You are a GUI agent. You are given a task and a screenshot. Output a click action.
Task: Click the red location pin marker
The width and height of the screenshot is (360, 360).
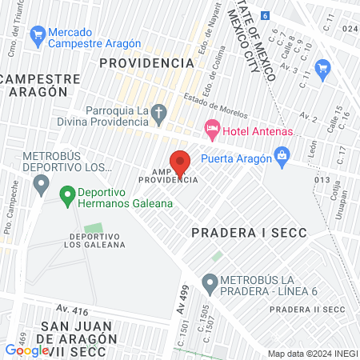[180, 162]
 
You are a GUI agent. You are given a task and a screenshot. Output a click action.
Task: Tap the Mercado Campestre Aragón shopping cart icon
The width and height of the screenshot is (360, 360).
[36, 34]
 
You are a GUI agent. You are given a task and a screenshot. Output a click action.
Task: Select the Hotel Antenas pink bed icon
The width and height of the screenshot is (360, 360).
[212, 128]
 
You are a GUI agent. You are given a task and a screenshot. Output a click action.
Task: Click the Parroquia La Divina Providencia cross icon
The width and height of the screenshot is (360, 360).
[159, 114]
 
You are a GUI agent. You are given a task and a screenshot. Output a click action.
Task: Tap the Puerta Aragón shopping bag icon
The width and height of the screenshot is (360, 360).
[281, 155]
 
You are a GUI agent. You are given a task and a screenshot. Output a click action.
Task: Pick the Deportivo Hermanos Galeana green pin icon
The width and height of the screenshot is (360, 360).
[67, 194]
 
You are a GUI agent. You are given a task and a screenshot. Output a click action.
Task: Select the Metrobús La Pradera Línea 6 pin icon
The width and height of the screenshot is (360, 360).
[210, 282]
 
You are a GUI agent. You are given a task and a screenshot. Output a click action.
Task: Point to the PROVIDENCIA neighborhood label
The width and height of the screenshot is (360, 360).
[146, 62]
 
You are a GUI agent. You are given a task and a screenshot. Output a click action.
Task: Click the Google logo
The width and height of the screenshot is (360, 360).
[26, 350]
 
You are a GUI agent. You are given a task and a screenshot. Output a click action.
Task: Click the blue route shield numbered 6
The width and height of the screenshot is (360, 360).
[266, 15]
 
